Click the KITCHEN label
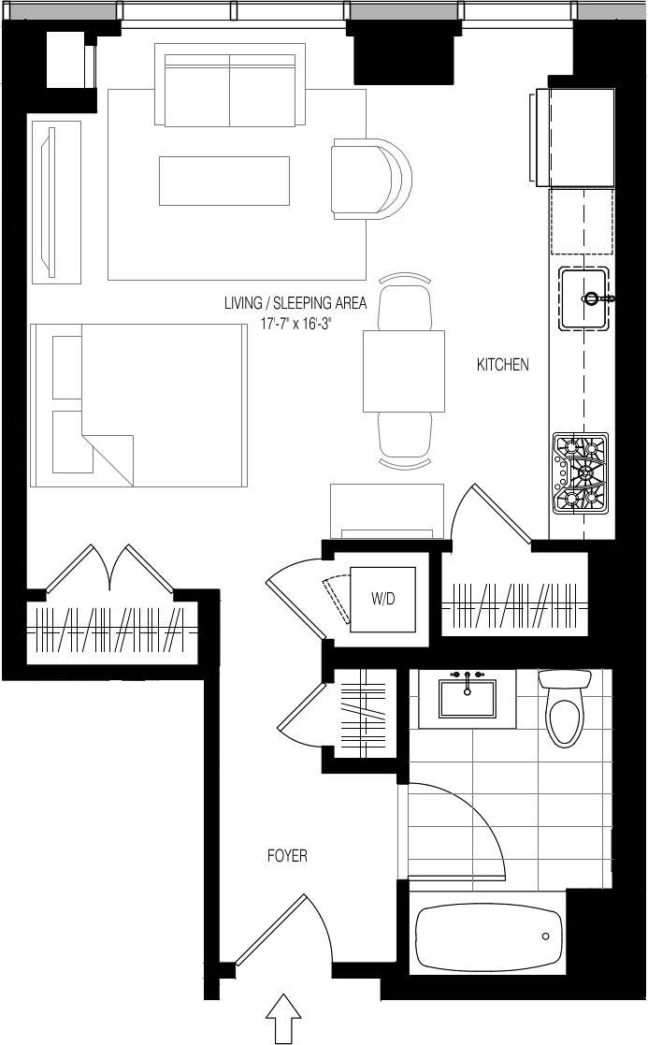pyautogui.click(x=503, y=365)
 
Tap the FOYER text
pyautogui.click(x=287, y=855)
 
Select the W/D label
pyautogui.click(x=383, y=600)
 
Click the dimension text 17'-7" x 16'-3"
pyautogui.click(x=295, y=323)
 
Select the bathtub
pyautogui.click(x=488, y=937)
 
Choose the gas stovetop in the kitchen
pyautogui.click(x=581, y=472)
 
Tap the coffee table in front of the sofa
pyautogui.click(x=224, y=181)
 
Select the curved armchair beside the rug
pyautogui.click(x=369, y=178)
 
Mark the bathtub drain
pyautogui.click(x=545, y=936)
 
